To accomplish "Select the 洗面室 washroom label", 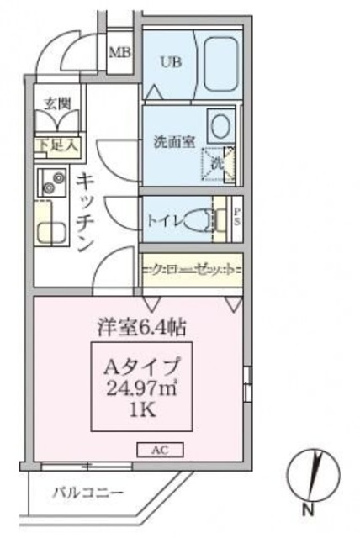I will [173, 141].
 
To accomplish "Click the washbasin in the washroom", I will [220, 126].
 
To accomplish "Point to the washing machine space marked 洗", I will [218, 162].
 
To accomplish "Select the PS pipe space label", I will [236, 216].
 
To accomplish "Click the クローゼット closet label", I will [193, 270].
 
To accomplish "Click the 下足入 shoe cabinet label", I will [57, 145].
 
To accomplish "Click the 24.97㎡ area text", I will [140, 390].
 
